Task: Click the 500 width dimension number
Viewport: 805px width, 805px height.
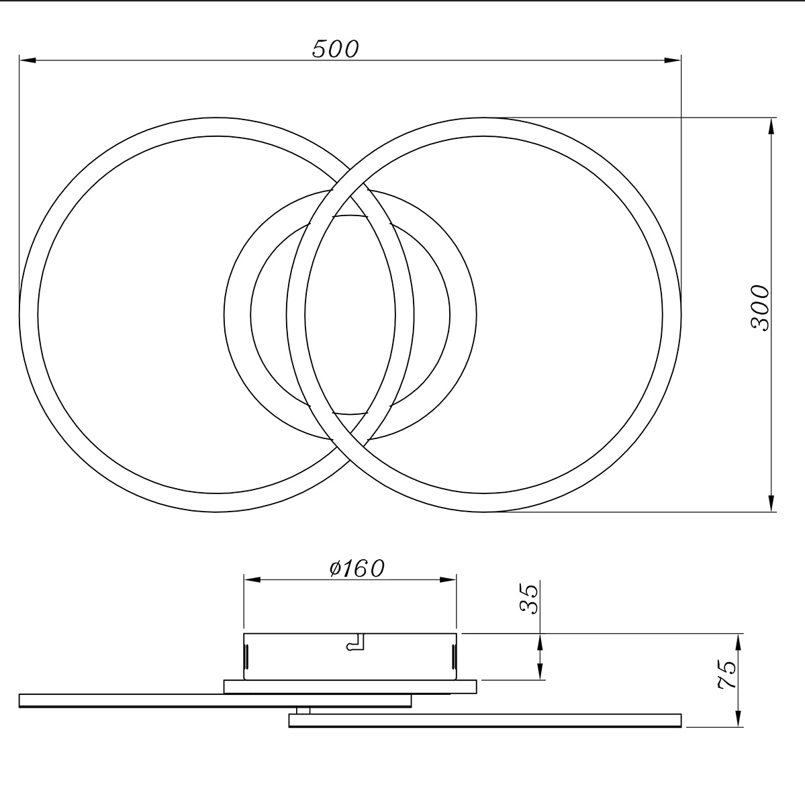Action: point(335,49)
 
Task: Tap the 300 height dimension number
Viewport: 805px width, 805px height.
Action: point(760,308)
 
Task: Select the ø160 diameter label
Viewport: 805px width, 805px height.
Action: point(357,568)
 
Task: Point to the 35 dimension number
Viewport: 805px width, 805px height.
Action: point(529,598)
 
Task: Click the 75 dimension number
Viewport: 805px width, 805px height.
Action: point(726,674)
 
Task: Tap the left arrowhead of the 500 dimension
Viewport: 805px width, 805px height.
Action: point(28,60)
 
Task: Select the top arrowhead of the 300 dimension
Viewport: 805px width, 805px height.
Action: point(771,126)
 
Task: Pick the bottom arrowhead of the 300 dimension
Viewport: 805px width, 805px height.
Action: point(771,503)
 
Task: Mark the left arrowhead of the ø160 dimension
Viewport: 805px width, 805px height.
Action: point(252,579)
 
